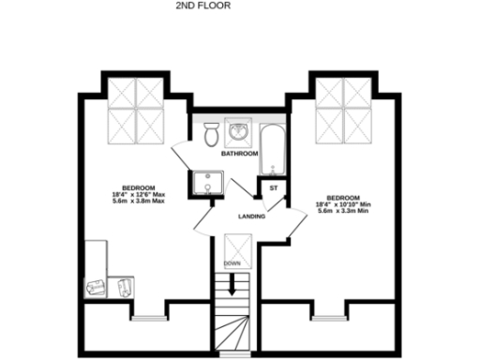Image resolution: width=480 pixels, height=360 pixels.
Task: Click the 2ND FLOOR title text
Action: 202,6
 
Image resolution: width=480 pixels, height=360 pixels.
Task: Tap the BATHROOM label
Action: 239,153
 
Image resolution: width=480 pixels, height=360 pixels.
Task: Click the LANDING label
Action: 251,217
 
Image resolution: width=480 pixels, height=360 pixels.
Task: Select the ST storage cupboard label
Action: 274,188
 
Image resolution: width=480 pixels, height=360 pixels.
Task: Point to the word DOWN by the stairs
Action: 232,263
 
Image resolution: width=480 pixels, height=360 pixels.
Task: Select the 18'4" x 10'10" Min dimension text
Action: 345,204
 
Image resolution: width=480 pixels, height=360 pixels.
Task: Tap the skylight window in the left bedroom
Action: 137,108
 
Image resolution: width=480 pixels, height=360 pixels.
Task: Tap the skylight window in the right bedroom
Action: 343,108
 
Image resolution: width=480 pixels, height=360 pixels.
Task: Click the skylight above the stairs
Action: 231,245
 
